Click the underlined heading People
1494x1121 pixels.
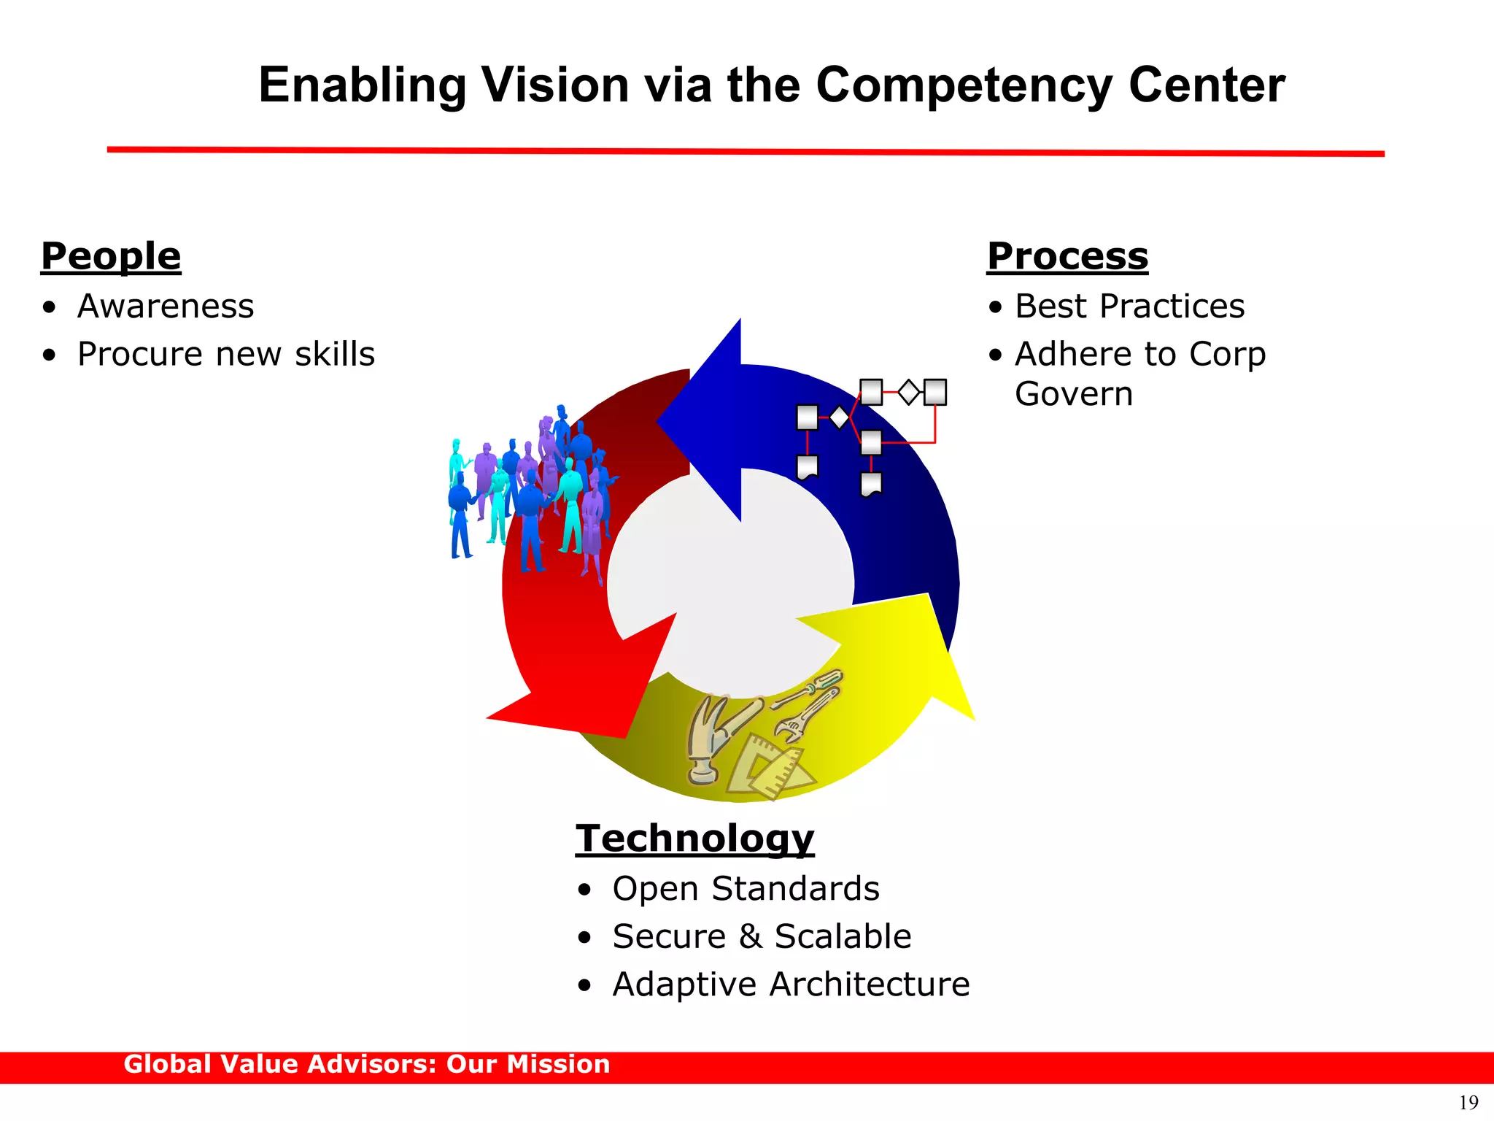tap(111, 257)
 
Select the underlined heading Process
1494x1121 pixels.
tap(1067, 257)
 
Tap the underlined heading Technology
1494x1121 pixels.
tap(694, 839)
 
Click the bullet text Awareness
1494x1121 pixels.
tap(166, 306)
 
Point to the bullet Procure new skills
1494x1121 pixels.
tap(226, 354)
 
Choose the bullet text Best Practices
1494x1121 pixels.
tap(1129, 306)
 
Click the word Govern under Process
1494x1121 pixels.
tap(1074, 394)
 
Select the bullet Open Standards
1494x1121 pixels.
tap(746, 889)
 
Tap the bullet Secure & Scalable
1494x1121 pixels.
tap(762, 936)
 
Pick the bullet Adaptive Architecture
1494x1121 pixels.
tap(791, 985)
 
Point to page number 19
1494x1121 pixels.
tap(1468, 1102)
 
